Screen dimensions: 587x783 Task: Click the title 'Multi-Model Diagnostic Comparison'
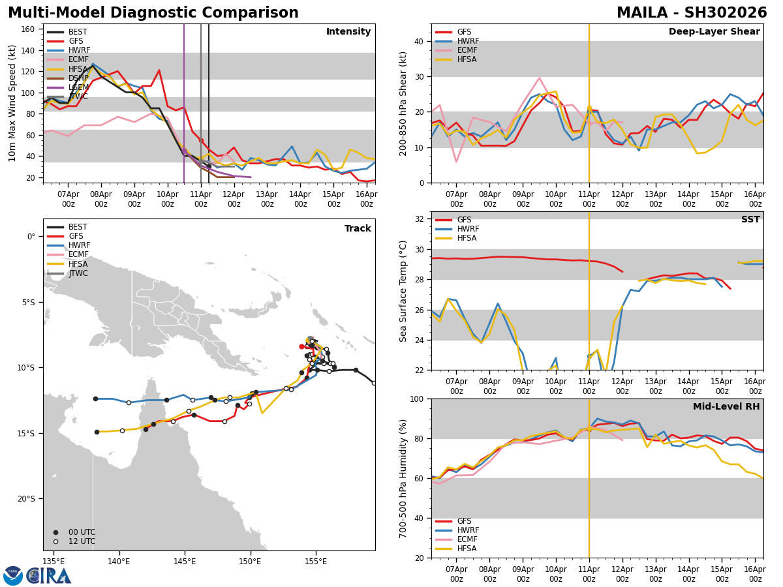(x=153, y=13)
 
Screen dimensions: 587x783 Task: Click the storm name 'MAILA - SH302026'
(x=692, y=13)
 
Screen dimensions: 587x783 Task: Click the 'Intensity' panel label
(x=348, y=32)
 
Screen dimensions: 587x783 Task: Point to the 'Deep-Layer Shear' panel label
(x=714, y=32)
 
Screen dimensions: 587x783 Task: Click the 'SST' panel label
(x=750, y=220)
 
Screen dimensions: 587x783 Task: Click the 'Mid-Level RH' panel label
(x=726, y=407)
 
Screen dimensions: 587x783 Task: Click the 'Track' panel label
(x=358, y=229)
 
